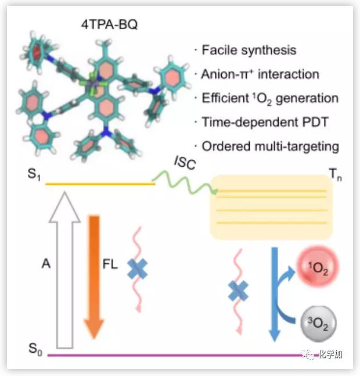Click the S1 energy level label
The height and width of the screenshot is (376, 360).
[35, 174]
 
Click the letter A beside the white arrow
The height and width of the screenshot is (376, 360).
[46, 263]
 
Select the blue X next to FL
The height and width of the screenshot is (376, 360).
[137, 269]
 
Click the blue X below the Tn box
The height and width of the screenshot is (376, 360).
[237, 289]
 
